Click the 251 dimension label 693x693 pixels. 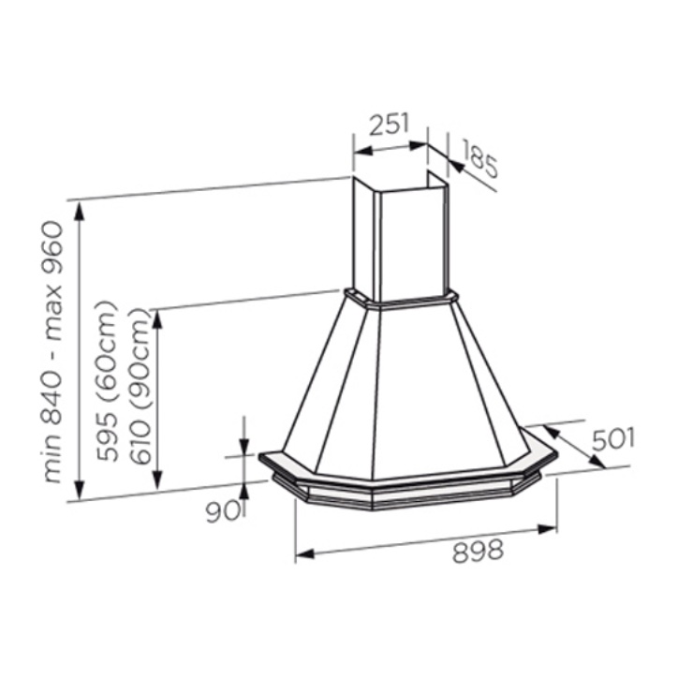(390, 125)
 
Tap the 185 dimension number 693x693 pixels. (480, 158)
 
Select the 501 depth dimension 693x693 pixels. (613, 439)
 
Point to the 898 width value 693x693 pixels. (478, 552)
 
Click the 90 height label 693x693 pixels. (220, 511)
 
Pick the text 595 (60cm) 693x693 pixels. (109, 381)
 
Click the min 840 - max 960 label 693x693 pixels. (53, 351)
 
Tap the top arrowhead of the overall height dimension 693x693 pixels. (79, 213)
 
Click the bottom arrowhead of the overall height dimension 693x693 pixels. (79, 490)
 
